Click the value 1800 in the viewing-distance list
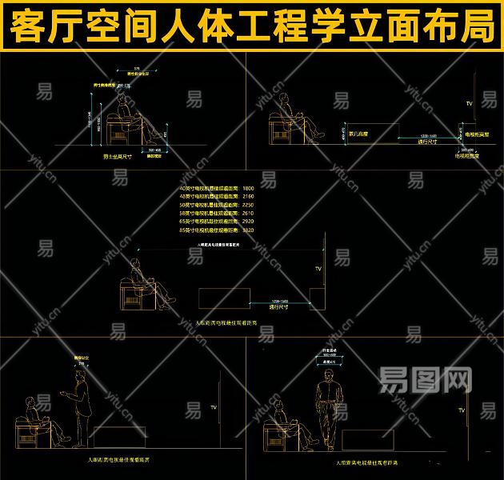(247, 188)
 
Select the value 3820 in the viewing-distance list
(247, 228)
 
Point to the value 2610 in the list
(247, 212)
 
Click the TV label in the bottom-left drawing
(214, 408)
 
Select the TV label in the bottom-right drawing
(462, 410)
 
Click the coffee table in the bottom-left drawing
(119, 437)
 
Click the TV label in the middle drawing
(318, 269)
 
